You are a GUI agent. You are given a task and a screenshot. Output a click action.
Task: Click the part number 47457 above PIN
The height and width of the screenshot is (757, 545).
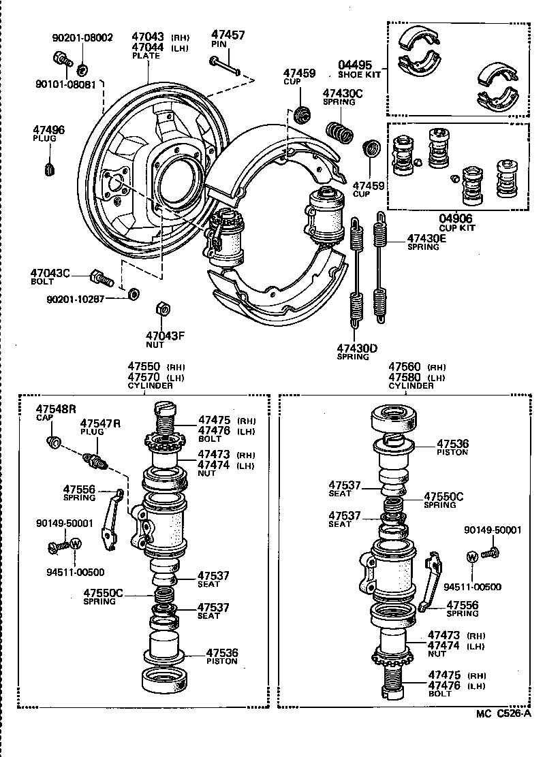click(228, 34)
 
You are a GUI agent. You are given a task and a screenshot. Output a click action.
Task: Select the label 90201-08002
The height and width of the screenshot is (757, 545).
click(83, 38)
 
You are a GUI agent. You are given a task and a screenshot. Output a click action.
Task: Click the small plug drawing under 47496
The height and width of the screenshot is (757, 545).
click(49, 167)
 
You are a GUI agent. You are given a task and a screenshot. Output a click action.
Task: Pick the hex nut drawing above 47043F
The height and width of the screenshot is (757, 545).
click(163, 308)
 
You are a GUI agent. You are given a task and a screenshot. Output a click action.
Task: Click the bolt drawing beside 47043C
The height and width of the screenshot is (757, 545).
click(100, 278)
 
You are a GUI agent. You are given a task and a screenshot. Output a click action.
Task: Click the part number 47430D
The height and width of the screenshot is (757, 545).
click(357, 348)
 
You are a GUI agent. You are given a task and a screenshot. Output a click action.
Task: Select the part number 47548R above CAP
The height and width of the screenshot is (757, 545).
click(56, 408)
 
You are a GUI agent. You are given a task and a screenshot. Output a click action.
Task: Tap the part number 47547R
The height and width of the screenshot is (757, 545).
click(100, 423)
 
